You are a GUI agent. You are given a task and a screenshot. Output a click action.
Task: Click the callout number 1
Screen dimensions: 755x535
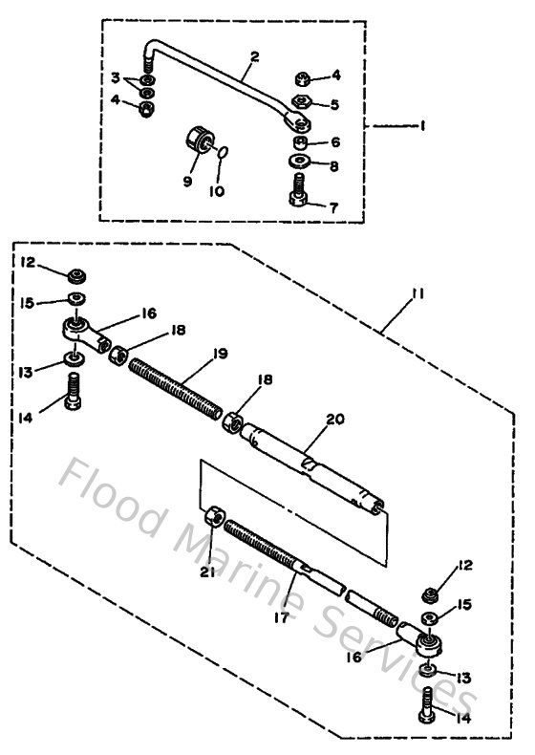[422, 124]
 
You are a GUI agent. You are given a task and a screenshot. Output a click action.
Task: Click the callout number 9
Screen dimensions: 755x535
[187, 179]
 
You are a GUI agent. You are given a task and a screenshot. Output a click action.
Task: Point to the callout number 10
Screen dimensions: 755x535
[217, 191]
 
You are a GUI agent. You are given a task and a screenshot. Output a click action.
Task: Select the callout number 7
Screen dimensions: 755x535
[332, 206]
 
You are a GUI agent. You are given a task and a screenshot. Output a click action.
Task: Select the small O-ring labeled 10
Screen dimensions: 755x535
[222, 150]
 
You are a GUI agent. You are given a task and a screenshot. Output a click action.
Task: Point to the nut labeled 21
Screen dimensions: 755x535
[216, 520]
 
